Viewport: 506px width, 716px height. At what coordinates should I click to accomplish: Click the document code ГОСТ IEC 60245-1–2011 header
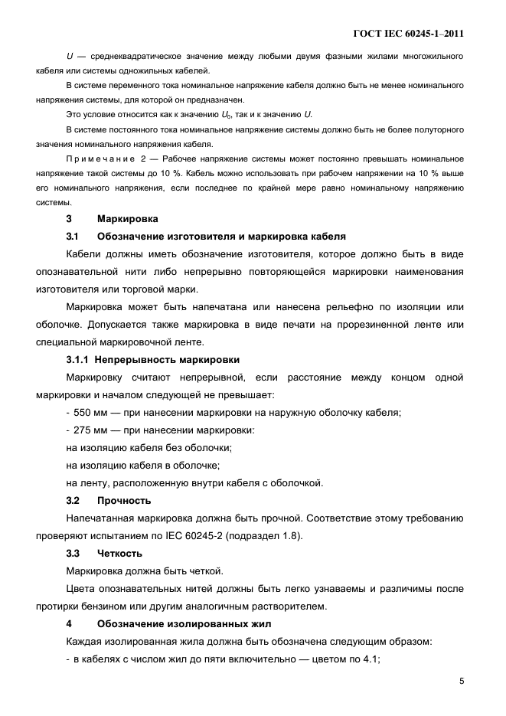[x=409, y=34]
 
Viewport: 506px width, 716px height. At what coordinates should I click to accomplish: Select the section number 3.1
[x=73, y=237]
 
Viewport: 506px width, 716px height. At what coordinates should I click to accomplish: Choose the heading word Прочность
[x=124, y=501]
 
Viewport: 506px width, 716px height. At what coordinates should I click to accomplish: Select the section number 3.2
[x=73, y=501]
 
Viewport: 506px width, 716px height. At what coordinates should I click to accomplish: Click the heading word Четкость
[x=120, y=554]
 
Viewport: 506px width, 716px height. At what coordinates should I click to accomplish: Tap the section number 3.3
[x=73, y=554]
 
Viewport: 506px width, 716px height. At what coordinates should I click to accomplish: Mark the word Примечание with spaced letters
[x=101, y=159]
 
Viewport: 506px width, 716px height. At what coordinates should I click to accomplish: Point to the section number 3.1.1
[x=78, y=359]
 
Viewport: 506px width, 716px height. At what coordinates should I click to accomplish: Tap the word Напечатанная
[x=102, y=518]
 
